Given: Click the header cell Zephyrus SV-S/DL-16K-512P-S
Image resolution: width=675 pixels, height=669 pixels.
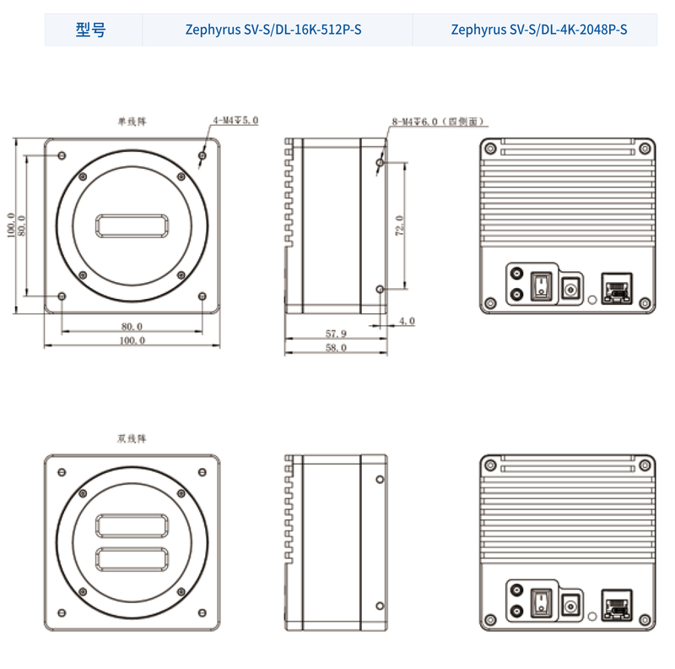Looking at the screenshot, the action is [x=273, y=30].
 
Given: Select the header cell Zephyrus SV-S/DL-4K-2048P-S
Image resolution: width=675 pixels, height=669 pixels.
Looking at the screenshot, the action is [x=539, y=30].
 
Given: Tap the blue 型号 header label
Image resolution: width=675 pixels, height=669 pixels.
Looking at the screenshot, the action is [x=90, y=30].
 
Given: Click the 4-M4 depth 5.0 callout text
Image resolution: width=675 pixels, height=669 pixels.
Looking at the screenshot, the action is [x=236, y=120].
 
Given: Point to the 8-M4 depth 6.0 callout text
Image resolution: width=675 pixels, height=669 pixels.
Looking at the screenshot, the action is [x=438, y=122].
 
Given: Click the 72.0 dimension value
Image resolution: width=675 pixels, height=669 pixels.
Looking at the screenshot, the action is [x=400, y=226].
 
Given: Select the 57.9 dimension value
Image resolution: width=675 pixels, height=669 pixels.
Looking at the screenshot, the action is [x=336, y=334].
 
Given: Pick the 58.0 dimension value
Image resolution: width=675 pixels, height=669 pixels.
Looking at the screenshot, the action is [x=336, y=347].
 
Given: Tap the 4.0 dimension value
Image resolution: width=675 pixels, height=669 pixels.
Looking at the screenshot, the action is [x=407, y=321].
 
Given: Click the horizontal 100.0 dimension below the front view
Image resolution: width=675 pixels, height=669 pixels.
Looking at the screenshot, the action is [x=132, y=340].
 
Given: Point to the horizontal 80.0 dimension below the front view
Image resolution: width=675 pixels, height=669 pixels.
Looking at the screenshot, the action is [x=132, y=326].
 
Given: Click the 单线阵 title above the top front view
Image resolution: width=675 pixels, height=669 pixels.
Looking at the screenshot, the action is [x=132, y=122].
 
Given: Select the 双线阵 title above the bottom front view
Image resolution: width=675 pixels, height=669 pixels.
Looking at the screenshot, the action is [x=132, y=438].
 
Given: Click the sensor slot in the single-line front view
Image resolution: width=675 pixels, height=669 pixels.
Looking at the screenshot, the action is [x=132, y=226].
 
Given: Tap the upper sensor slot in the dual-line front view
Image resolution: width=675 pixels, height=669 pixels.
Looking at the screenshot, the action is [x=132, y=526].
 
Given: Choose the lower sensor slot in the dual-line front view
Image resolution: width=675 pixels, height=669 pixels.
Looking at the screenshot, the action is [x=132, y=559].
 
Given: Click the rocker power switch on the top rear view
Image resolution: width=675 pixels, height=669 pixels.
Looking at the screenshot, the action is [x=542, y=286].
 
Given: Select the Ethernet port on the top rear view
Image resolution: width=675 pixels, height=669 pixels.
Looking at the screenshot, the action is [x=617, y=288].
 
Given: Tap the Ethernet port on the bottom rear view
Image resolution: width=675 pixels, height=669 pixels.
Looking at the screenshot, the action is [x=617, y=605].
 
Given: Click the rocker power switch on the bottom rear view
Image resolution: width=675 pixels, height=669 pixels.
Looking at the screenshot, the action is [x=542, y=602].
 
